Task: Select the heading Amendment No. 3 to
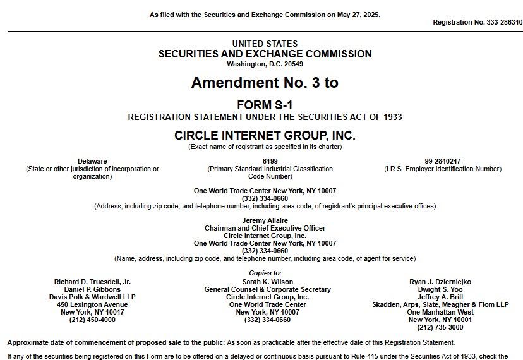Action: tap(265, 83)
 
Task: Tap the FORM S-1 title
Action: tap(265, 104)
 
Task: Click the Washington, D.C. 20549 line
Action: tap(265, 64)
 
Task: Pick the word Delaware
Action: tap(92, 161)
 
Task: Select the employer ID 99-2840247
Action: tap(442, 161)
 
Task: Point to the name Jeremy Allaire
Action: tap(265, 220)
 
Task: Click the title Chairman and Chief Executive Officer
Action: tap(265, 228)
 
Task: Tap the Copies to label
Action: tap(265, 273)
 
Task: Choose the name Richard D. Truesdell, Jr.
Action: tap(92, 282)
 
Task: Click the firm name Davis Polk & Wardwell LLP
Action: tap(92, 297)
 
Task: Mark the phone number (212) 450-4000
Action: tap(92, 320)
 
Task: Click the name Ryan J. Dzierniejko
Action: tap(440, 282)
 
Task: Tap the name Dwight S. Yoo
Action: tap(440, 289)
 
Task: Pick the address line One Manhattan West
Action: tap(440, 312)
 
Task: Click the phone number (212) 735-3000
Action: tap(440, 327)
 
